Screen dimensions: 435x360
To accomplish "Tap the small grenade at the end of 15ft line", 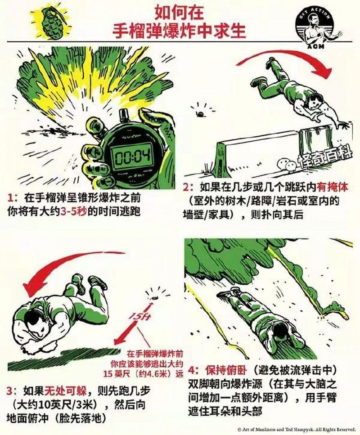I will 155,296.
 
